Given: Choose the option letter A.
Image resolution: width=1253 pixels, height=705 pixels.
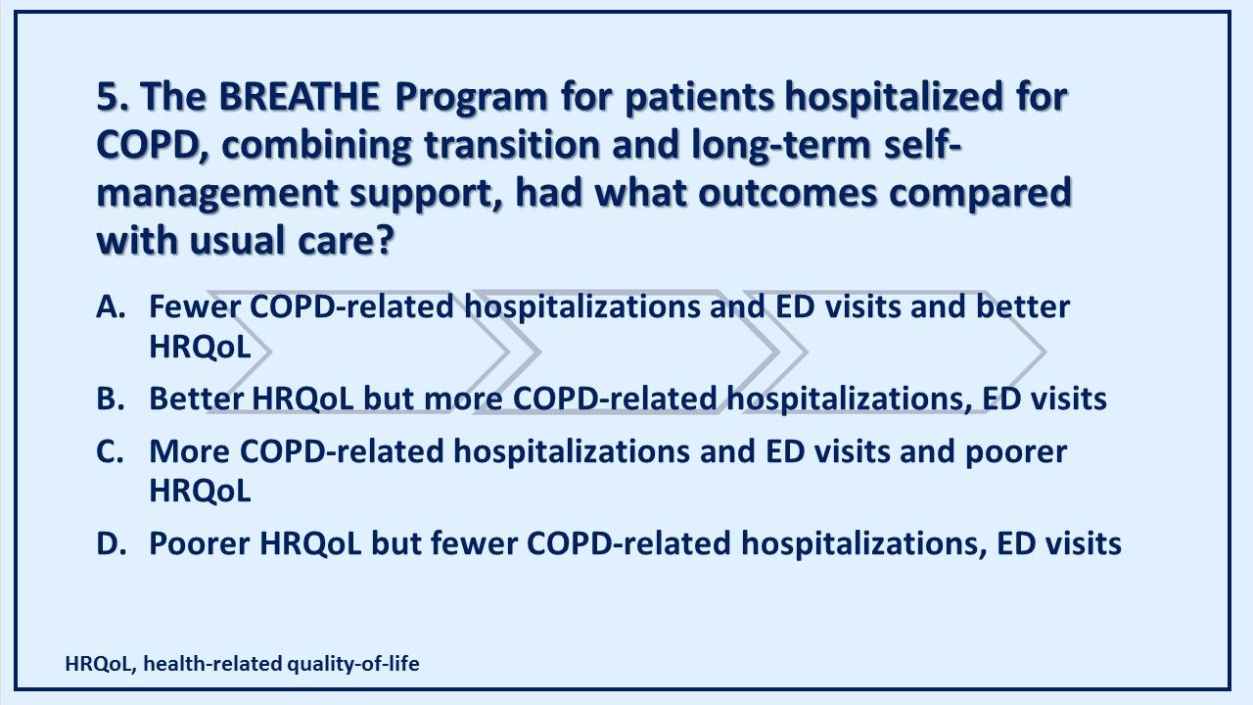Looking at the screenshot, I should [112, 306].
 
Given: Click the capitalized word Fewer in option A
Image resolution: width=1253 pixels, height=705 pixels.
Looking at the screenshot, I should [195, 306].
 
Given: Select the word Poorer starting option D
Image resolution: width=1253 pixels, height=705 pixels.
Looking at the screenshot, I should [200, 543].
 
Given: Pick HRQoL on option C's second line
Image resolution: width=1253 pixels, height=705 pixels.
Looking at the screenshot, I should [200, 492].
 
